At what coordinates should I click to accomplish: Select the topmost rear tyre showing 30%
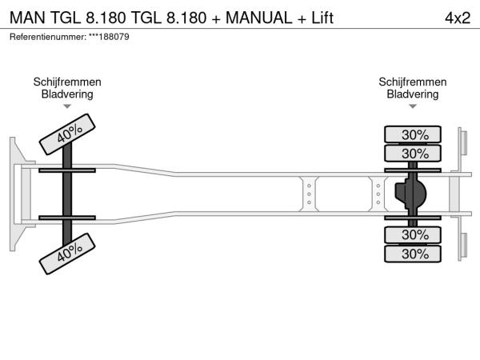coord(414,134)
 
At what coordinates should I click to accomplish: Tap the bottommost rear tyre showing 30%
coord(414,254)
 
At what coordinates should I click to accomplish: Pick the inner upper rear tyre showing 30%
coord(414,153)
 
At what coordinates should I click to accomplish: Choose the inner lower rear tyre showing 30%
coord(414,234)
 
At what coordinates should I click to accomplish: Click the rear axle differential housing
coord(411,194)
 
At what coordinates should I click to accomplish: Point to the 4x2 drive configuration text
coord(457,18)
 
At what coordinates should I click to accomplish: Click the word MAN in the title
coord(26,18)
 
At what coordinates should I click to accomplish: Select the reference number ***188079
coord(109,37)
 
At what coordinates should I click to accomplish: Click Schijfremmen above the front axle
coord(67,82)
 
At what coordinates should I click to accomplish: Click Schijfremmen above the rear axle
coord(413,82)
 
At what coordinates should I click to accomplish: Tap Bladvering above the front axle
coord(67,94)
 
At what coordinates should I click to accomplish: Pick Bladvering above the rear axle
coord(413,94)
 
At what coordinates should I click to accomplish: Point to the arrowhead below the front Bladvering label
coord(67,106)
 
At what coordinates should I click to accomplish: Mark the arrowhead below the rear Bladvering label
coord(413,106)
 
